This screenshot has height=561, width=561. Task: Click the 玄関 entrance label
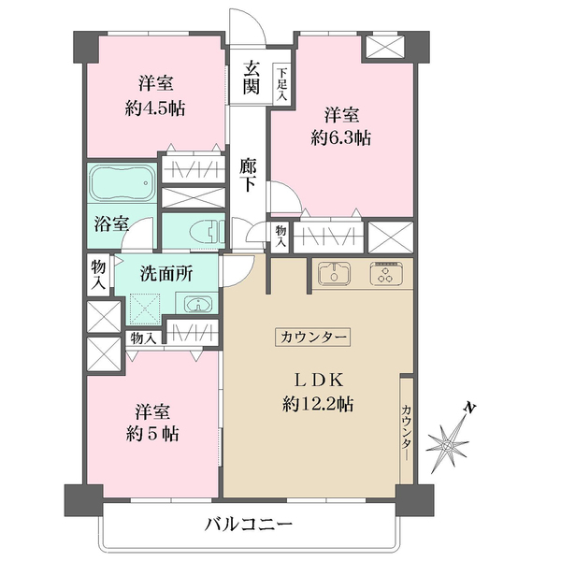click(x=252, y=78)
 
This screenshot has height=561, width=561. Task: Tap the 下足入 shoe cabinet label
click(x=282, y=84)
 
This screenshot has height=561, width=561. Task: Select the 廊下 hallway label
click(x=248, y=175)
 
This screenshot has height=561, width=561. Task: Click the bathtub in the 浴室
click(x=122, y=183)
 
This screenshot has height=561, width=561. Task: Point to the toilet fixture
click(x=206, y=231)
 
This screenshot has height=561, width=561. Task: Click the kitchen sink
click(x=334, y=274)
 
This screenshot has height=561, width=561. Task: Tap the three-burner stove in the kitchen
click(x=386, y=274)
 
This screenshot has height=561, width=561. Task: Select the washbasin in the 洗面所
click(x=197, y=304)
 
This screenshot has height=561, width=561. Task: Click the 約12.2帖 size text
click(x=318, y=404)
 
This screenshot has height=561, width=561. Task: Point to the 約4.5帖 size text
click(x=154, y=108)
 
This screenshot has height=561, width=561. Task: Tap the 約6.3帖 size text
click(x=341, y=137)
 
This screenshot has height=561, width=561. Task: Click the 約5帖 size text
click(x=152, y=434)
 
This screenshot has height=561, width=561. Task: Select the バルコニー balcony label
click(x=249, y=525)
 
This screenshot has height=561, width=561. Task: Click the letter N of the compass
click(x=470, y=407)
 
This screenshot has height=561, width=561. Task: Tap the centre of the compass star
click(x=447, y=446)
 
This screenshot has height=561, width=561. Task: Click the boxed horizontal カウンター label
click(x=312, y=337)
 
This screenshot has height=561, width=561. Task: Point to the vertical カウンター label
click(x=407, y=432)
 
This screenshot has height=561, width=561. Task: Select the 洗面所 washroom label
click(x=166, y=274)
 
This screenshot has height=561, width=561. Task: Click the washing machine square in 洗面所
click(x=145, y=309)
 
